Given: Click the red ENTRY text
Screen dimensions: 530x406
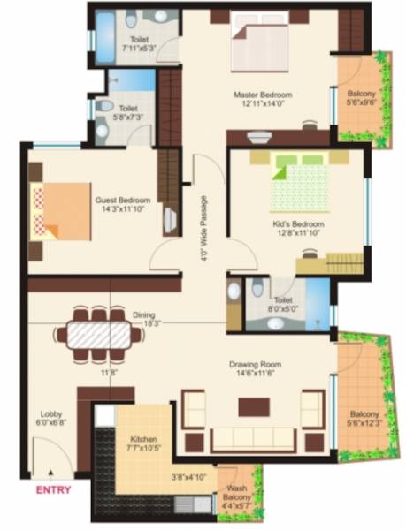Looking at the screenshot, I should click(x=51, y=488).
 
